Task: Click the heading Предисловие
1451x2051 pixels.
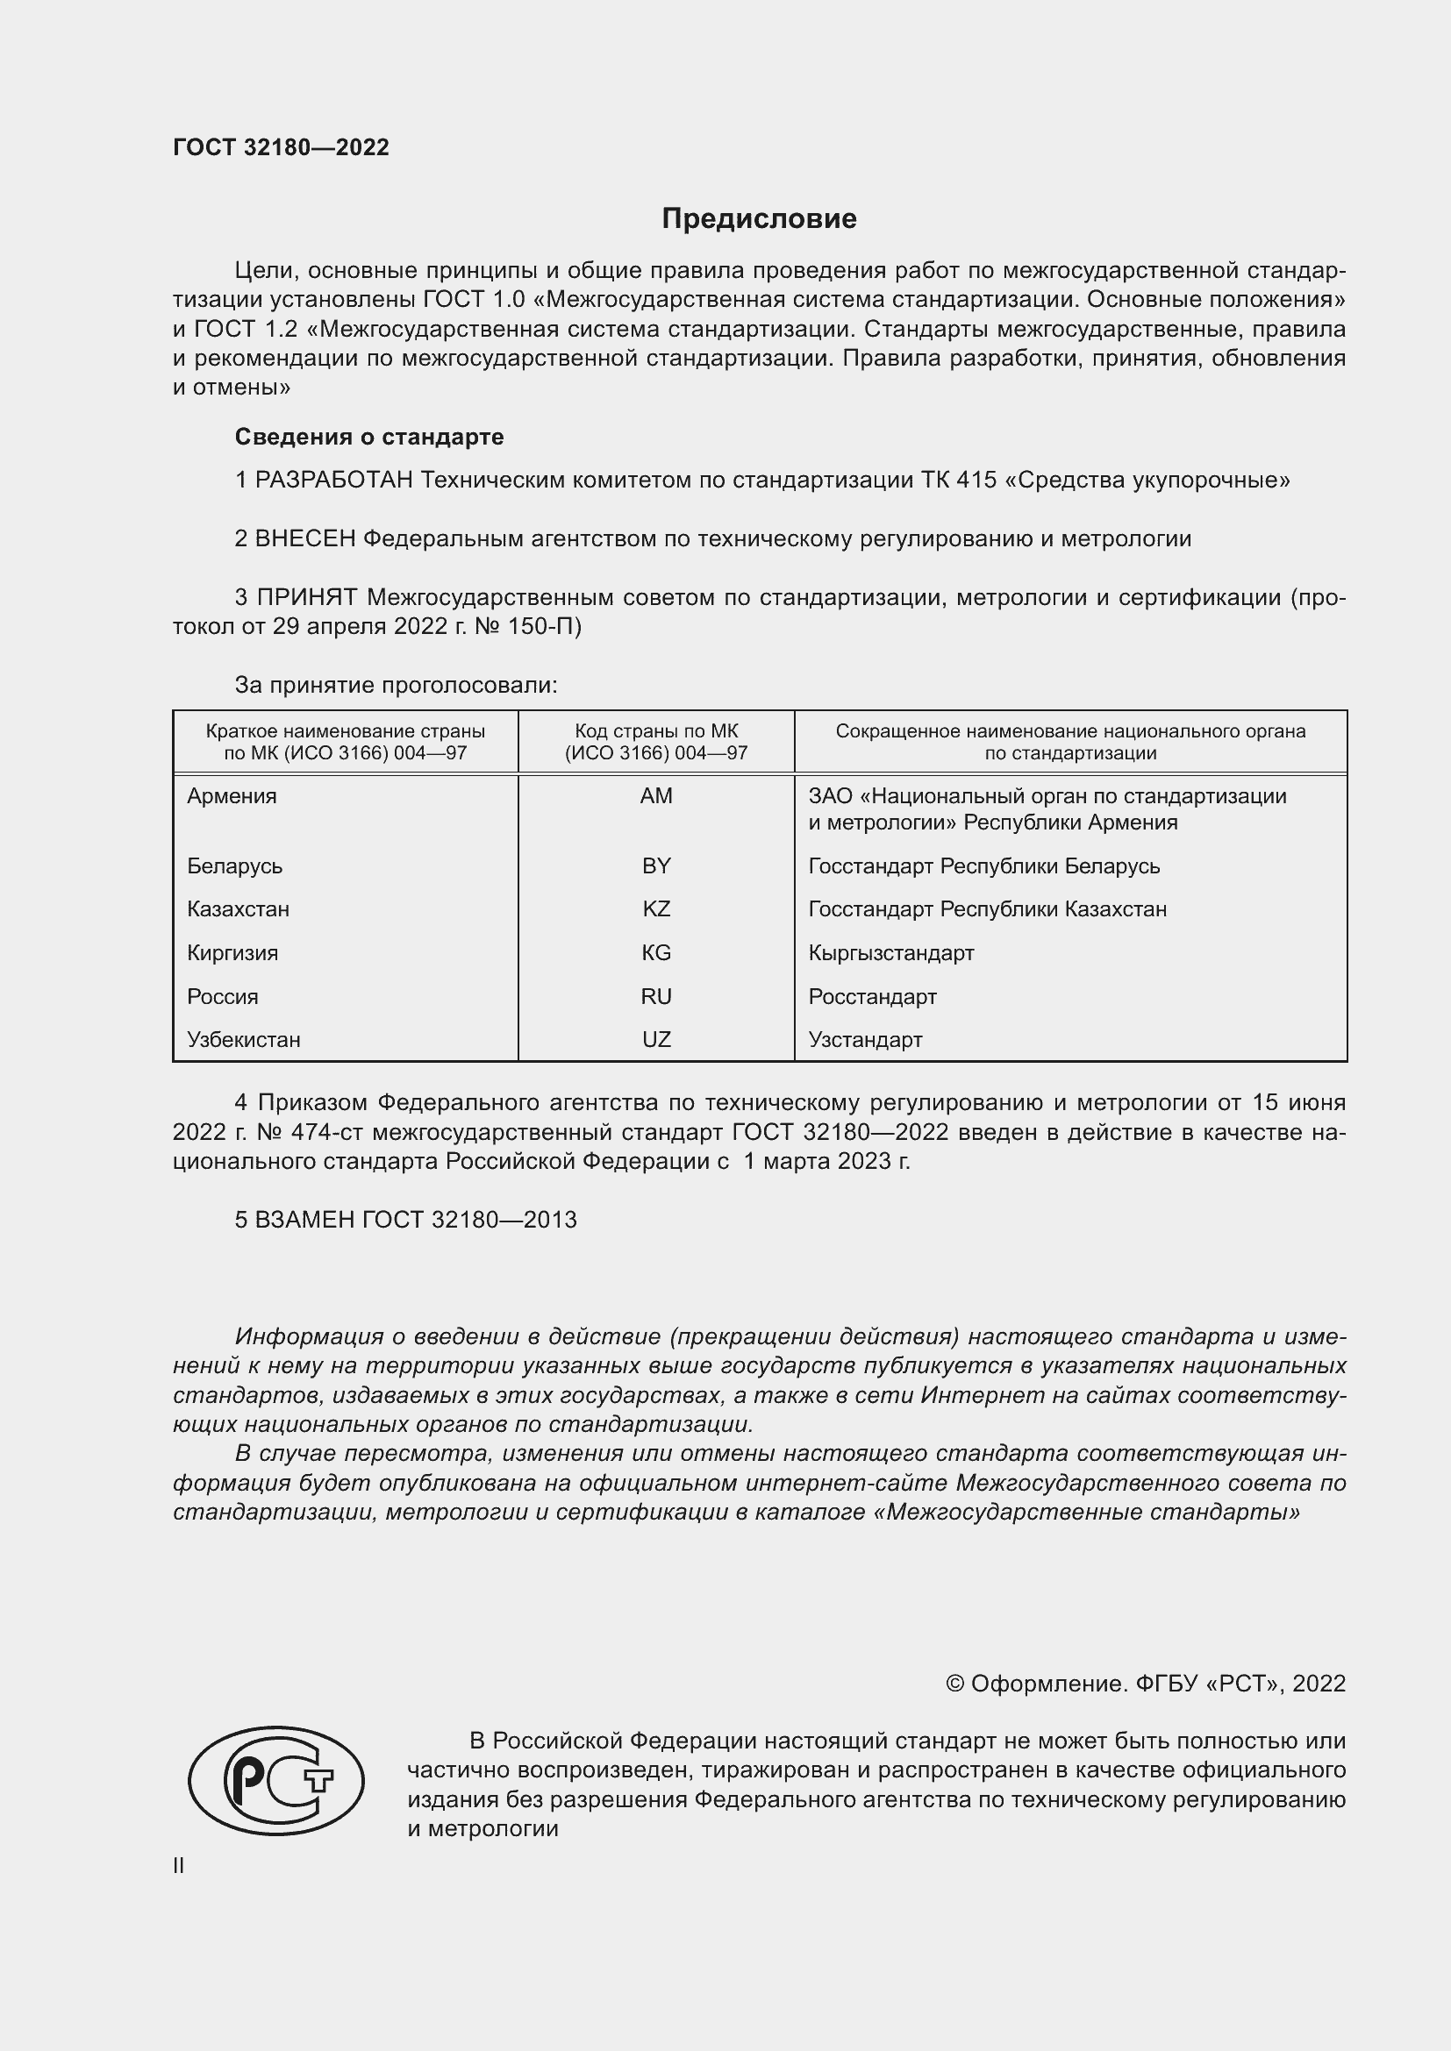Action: click(x=759, y=219)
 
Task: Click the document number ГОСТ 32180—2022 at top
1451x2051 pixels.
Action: click(x=281, y=147)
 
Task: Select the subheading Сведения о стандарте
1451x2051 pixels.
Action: click(x=369, y=437)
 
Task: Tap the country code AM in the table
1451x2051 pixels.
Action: click(x=656, y=796)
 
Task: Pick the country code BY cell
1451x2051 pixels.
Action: click(x=656, y=865)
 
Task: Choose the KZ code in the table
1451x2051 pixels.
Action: click(x=656, y=909)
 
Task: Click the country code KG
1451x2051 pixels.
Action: click(x=656, y=953)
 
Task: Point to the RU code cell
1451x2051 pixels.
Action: click(x=656, y=997)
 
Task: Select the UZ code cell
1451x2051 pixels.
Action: click(x=656, y=1040)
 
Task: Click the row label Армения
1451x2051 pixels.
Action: click(x=232, y=796)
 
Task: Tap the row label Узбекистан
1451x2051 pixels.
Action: click(x=243, y=1040)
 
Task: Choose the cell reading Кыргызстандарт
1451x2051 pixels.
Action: click(x=890, y=953)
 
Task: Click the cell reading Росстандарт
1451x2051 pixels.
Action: click(x=872, y=997)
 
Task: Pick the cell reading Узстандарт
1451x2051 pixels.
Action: click(x=865, y=1040)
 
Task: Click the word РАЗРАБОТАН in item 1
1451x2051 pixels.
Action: click(x=334, y=481)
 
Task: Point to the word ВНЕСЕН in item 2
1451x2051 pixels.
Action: click(x=305, y=539)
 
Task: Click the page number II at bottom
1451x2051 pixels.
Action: click(x=179, y=1865)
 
